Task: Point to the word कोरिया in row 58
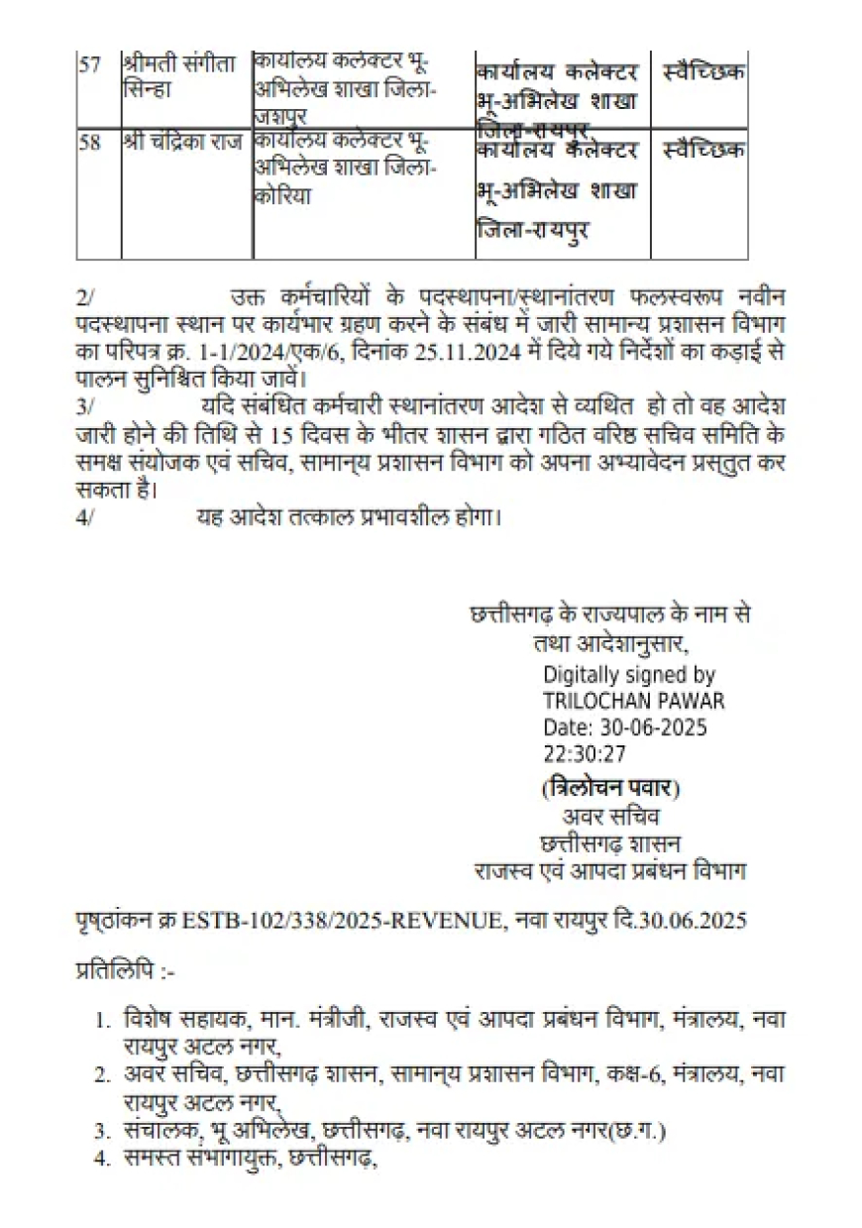(x=282, y=196)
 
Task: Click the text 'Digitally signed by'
(x=629, y=675)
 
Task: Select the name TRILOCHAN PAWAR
(x=634, y=701)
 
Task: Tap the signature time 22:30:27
(x=585, y=753)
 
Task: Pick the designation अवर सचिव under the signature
(x=610, y=818)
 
